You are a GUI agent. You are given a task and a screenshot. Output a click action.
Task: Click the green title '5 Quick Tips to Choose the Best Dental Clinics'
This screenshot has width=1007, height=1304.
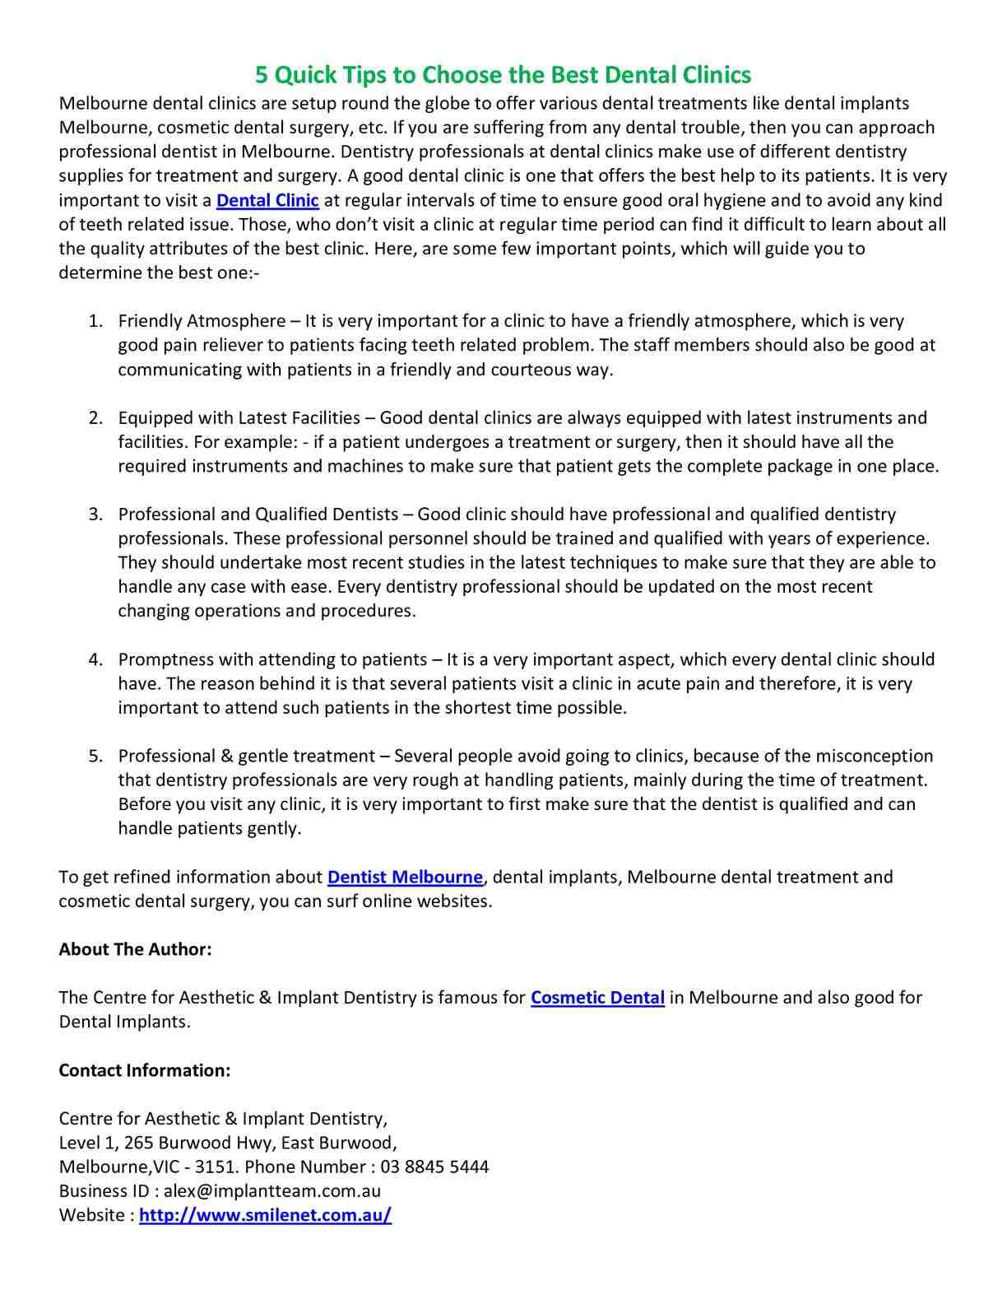[x=503, y=75]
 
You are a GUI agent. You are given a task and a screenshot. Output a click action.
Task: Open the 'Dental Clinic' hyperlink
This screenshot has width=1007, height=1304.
[x=267, y=200]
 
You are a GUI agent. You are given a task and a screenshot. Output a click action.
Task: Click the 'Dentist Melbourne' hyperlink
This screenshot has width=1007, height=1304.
[x=405, y=877]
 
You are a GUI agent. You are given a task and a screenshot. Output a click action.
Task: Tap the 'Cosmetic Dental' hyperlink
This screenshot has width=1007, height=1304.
[x=597, y=998]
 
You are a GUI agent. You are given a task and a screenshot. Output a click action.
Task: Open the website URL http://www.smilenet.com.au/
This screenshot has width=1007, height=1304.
[x=265, y=1215]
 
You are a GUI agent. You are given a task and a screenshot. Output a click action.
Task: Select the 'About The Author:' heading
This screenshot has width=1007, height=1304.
[x=135, y=949]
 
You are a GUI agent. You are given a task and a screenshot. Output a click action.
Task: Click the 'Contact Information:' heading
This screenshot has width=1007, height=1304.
[x=144, y=1070]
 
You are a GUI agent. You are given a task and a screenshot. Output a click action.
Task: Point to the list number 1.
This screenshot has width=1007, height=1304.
[x=95, y=321]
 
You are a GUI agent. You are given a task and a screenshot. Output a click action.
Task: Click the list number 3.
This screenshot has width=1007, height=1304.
[x=95, y=515]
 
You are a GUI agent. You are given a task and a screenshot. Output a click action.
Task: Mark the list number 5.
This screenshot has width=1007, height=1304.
[x=95, y=756]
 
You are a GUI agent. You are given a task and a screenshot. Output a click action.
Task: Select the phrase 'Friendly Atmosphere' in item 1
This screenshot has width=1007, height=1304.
[x=198, y=321]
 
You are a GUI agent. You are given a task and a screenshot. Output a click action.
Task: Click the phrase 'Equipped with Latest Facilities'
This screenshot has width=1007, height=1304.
[x=239, y=417]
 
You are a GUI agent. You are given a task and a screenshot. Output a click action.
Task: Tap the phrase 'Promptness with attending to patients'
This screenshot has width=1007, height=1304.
[x=272, y=659]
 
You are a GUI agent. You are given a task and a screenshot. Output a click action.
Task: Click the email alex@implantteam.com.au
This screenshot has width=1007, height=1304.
[x=272, y=1190]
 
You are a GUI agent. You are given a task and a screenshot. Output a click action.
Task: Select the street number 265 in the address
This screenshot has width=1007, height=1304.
[x=138, y=1143]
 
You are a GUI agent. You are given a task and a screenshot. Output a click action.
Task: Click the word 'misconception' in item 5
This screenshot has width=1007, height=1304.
[x=874, y=756]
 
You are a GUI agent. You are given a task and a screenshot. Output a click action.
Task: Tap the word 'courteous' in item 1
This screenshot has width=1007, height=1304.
[x=531, y=370]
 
